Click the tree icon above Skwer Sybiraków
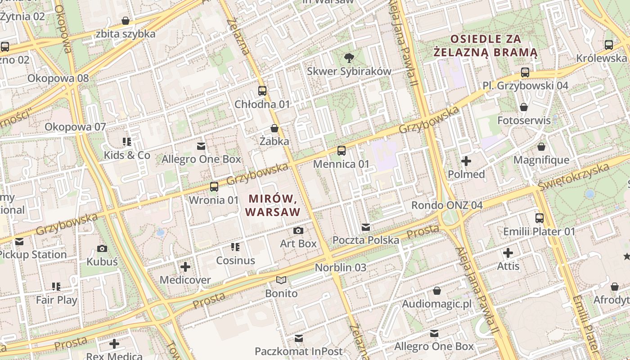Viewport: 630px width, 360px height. [x=348, y=57]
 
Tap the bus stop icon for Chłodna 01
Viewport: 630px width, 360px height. [x=262, y=90]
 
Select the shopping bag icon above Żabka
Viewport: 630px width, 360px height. [x=274, y=128]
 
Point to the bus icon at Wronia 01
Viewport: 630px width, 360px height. [x=214, y=186]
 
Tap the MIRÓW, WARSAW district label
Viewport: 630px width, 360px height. [x=272, y=205]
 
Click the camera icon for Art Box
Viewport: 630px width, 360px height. [x=298, y=230]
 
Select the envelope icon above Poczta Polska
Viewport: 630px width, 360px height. [x=366, y=227]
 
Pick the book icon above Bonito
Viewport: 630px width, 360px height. [x=281, y=280]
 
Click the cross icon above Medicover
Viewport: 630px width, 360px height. [x=185, y=267]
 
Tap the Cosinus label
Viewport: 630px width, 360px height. [x=235, y=260]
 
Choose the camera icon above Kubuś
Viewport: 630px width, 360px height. [x=102, y=248]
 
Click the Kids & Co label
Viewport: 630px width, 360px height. [x=127, y=155]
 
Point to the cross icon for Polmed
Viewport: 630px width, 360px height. [x=466, y=161]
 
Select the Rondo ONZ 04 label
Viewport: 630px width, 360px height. [x=447, y=205]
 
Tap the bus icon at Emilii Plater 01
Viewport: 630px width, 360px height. [x=539, y=218]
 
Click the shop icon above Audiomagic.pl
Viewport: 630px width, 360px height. [x=436, y=291]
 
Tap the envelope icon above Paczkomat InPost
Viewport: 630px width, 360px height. [x=298, y=338]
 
